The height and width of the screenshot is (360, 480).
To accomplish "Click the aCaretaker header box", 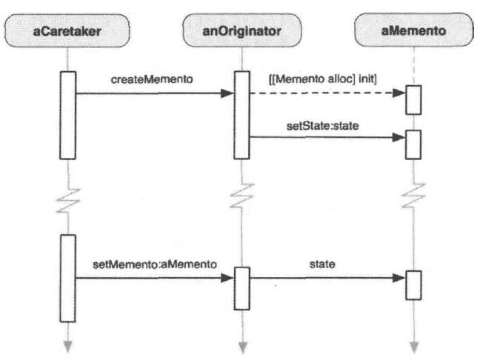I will (67, 32).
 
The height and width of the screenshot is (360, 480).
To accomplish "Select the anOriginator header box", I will (241, 32).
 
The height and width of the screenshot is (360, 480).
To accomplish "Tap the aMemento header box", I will (413, 32).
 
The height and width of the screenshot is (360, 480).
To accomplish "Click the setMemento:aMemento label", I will (155, 263).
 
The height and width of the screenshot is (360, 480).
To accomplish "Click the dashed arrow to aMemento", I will (326, 93).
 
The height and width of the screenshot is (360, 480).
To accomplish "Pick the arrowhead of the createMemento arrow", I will (228, 93).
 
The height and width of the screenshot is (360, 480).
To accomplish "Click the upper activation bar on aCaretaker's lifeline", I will (68, 114).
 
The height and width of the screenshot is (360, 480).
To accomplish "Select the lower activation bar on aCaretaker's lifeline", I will (68, 277).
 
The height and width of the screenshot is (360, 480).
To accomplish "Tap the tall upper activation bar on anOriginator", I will (241, 114).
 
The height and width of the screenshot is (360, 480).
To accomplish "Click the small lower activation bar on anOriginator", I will (241, 287).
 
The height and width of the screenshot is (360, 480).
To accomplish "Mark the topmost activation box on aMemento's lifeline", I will (413, 99).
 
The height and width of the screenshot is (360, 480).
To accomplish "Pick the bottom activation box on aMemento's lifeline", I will (413, 283).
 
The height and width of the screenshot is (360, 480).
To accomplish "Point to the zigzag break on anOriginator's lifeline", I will (241, 197).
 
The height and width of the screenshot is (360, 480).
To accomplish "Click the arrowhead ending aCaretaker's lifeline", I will (68, 345).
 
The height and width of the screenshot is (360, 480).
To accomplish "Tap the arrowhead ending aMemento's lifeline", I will (413, 345).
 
